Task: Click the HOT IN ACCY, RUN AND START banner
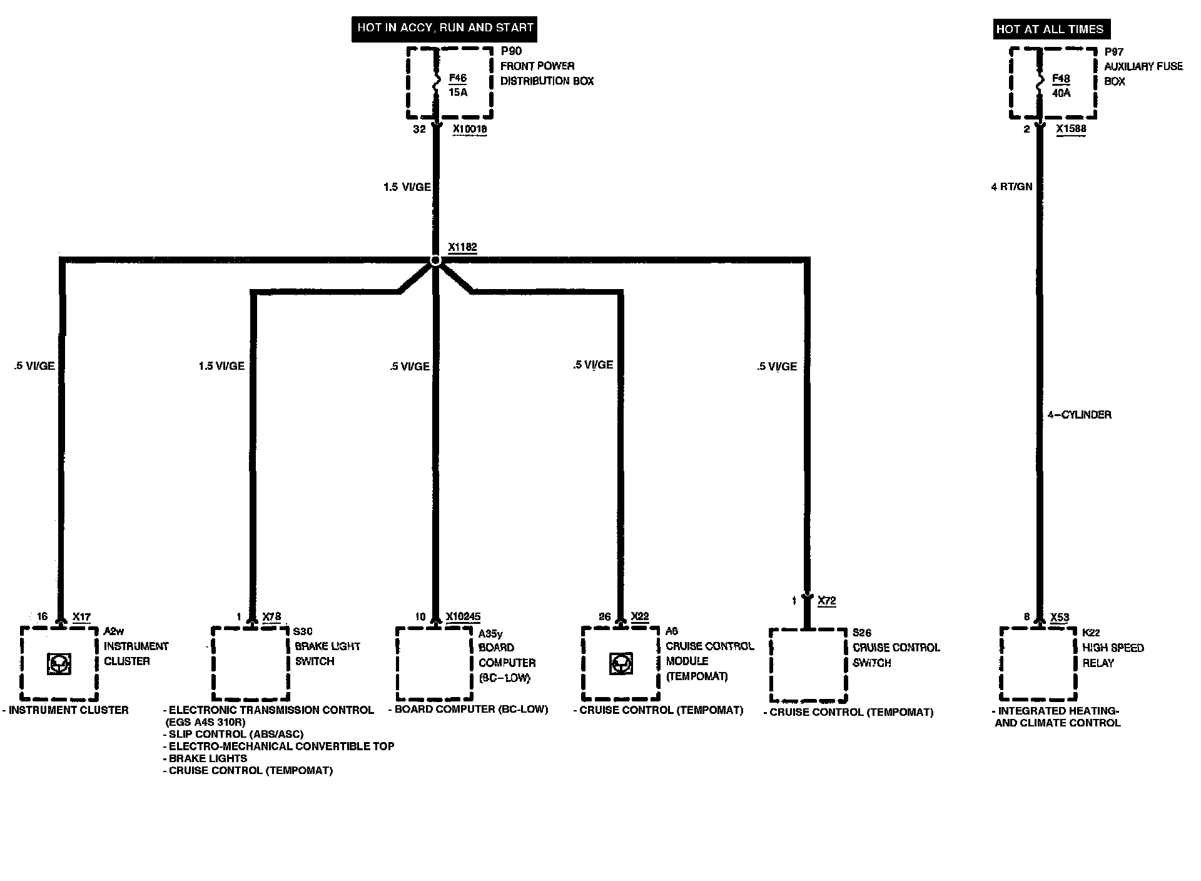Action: coord(444,28)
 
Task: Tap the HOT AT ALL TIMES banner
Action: coord(1052,29)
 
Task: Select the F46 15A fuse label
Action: coord(458,85)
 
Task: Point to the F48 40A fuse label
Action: coord(1061,86)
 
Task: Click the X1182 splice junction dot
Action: coord(435,260)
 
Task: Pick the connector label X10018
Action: coord(469,130)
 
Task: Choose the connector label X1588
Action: coord(1071,129)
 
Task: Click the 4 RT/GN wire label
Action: coord(1011,186)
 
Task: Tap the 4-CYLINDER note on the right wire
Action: coord(1079,415)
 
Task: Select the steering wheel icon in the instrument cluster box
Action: coord(59,664)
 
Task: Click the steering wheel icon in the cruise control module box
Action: coord(620,664)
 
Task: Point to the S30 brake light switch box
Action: coord(250,664)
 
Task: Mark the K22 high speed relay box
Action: coord(1038,664)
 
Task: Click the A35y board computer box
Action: coord(435,664)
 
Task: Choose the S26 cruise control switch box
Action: coord(808,666)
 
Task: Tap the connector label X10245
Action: coord(463,617)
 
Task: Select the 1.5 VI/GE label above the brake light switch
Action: coord(221,366)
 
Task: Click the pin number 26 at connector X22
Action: coord(604,617)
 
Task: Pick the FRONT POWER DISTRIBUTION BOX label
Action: coord(547,73)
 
